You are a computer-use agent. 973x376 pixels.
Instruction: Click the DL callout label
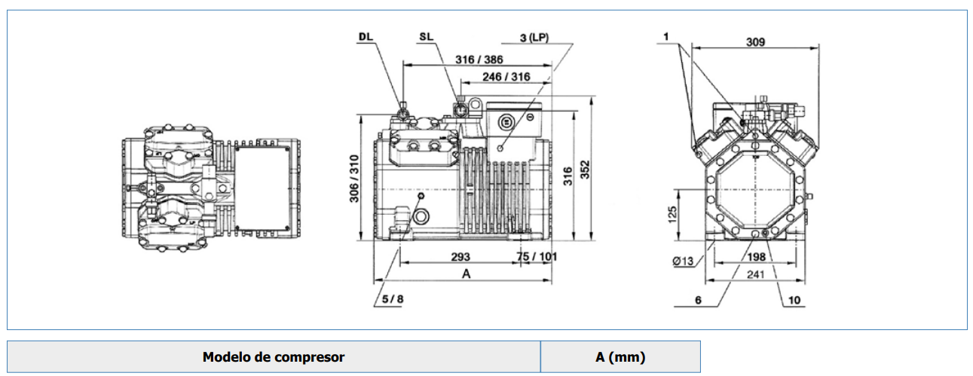[x=366, y=36]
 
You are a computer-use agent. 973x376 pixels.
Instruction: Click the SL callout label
[x=426, y=36]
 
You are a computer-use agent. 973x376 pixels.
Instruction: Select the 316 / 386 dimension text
[x=479, y=60]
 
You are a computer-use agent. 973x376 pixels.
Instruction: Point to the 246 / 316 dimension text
[x=506, y=77]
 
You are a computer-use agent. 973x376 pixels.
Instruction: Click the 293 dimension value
[x=460, y=256]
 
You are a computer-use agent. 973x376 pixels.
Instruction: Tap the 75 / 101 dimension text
[x=537, y=256]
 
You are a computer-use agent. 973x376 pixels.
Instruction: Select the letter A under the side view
[x=467, y=274]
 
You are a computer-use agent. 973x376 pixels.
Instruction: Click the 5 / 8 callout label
[x=393, y=299]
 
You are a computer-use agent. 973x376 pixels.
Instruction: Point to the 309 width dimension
[x=754, y=42]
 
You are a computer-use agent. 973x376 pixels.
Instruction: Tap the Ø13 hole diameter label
[x=682, y=261]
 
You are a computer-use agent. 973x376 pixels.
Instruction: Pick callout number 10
[x=794, y=301]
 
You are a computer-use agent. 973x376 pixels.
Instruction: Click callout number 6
[x=698, y=300]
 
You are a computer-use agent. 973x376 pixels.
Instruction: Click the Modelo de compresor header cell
[x=274, y=357]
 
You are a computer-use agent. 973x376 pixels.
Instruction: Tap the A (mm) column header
[x=620, y=357]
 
